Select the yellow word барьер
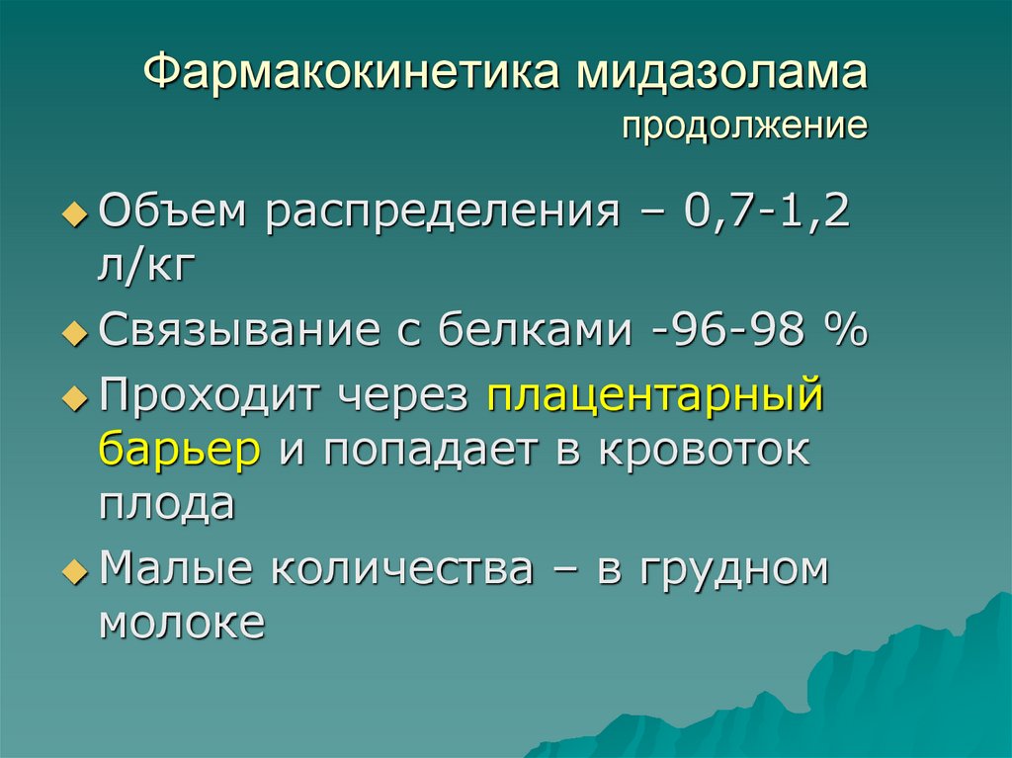tap(179, 450)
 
